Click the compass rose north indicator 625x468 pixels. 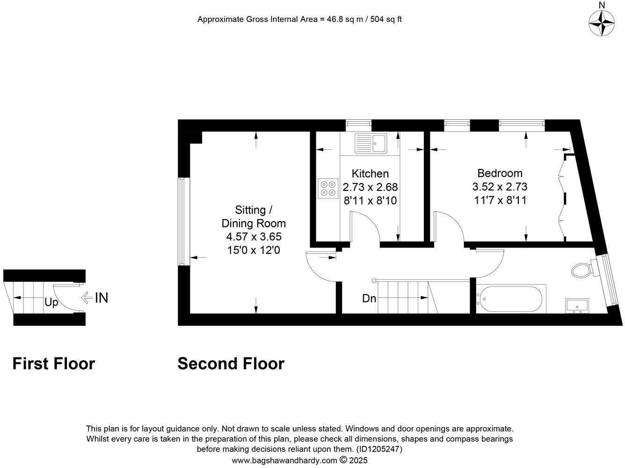(x=602, y=22)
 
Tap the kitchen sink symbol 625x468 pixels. (x=371, y=143)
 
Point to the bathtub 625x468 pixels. (x=510, y=299)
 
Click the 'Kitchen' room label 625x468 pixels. (x=370, y=174)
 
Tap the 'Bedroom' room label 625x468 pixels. (x=500, y=173)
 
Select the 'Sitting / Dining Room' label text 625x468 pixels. (x=254, y=216)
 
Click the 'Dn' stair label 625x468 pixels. (x=369, y=298)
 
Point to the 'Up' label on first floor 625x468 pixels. (x=51, y=303)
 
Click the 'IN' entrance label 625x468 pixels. (x=102, y=298)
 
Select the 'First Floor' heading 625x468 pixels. (x=53, y=364)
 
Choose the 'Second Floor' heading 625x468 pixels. (x=231, y=364)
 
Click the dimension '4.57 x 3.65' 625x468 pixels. (x=254, y=237)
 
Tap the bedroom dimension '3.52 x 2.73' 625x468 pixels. (x=500, y=187)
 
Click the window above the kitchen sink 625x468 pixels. (x=358, y=124)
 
